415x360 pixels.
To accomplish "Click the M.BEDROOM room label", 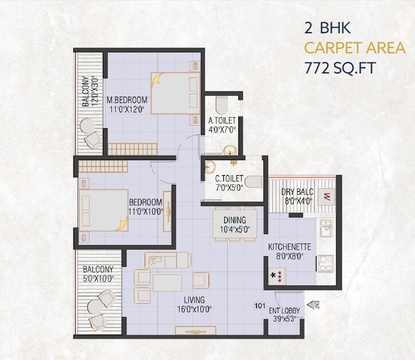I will coord(127,99).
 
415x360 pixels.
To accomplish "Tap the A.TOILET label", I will coord(223,120).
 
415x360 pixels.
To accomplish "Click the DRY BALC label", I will coord(296,192).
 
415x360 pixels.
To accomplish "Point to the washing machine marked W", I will coord(327,197).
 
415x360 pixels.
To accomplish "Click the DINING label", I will coord(235,220).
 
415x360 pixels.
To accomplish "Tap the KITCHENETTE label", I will coord(290,247).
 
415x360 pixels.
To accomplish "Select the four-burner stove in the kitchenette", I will coord(326,263).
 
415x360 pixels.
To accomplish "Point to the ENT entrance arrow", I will coord(313,304).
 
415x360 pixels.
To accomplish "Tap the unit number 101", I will coord(259,305).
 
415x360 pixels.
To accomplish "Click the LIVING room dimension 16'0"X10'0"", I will coord(194,309).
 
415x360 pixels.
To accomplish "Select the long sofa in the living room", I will coord(168,260).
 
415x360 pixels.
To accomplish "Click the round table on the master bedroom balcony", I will coord(87,126).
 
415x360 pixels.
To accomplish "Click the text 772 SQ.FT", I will coord(340,68).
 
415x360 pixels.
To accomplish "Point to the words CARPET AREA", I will coord(354,48).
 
